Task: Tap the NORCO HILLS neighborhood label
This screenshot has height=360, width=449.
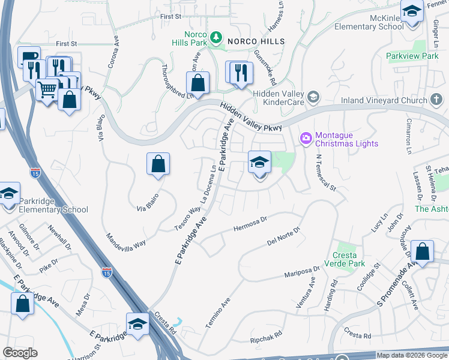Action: [252, 41]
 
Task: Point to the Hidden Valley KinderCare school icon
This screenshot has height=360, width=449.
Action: [313, 97]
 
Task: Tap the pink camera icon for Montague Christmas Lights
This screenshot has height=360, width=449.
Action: [306, 139]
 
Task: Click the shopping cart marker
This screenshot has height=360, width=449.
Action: [47, 91]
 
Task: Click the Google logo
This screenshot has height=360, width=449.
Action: [20, 353]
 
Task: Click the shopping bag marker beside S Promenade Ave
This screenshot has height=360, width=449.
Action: [423, 253]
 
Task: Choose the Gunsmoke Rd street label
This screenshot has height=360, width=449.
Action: [265, 67]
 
